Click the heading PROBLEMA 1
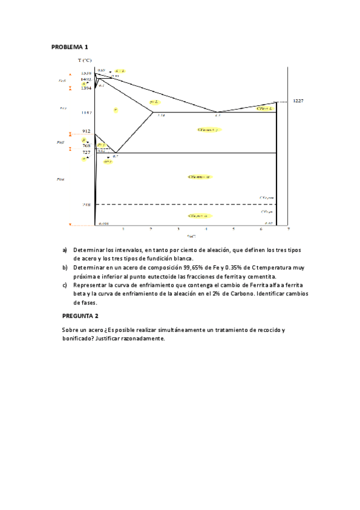click(x=70, y=47)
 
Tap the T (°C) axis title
click(x=85, y=61)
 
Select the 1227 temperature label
click(x=298, y=101)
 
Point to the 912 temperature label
click(x=87, y=131)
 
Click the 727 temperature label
click(x=87, y=153)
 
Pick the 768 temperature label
click(x=87, y=145)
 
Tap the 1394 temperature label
click(x=87, y=88)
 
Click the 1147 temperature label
click(x=87, y=112)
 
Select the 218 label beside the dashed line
click(x=87, y=204)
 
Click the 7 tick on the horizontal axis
click(x=288, y=229)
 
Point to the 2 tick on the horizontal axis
click(x=150, y=229)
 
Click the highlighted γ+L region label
click(x=154, y=102)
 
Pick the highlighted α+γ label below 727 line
click(x=109, y=161)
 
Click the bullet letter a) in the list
click(x=65, y=249)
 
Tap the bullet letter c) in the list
click(x=65, y=285)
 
